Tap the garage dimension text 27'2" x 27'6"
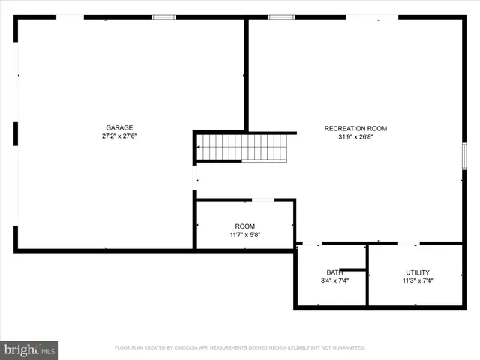tap(120, 136)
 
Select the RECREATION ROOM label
tap(355, 128)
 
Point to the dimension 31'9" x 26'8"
tap(355, 137)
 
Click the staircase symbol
tap(241, 148)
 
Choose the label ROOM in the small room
tap(244, 226)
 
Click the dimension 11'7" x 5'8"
tap(244, 235)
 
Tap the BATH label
tap(334, 272)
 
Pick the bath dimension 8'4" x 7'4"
tap(334, 281)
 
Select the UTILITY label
tap(418, 272)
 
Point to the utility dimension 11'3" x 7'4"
tap(418, 281)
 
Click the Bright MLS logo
tap(29, 349)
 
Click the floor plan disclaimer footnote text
tap(239, 348)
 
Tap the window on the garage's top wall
tap(163, 16)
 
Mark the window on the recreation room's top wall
tap(281, 16)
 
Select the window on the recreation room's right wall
tap(464, 156)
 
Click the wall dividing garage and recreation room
tap(246, 75)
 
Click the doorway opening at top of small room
tap(263, 199)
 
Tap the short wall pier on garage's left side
tap(15, 133)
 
